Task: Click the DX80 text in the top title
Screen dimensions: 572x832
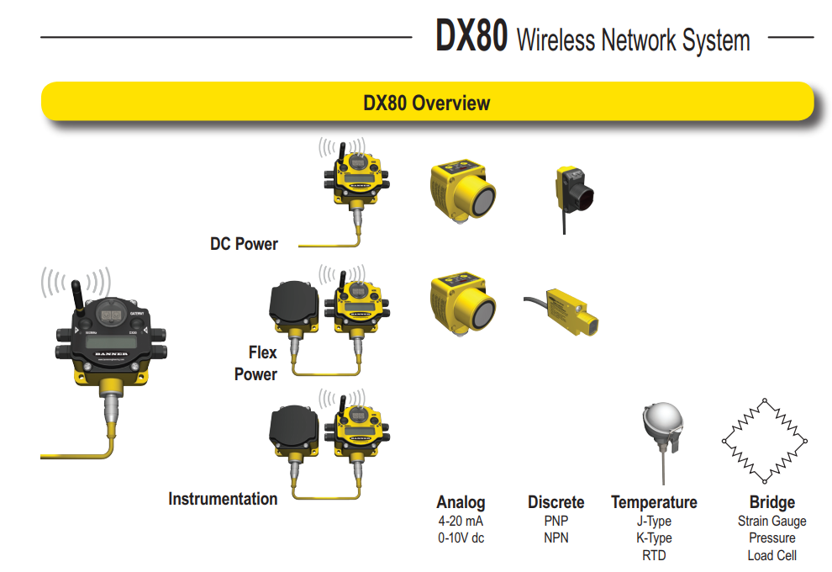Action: (x=471, y=38)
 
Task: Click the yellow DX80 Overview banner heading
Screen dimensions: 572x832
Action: (x=426, y=103)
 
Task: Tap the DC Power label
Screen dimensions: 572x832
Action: (x=244, y=244)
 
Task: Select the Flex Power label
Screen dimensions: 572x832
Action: (x=257, y=363)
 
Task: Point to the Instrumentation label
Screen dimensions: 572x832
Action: (x=223, y=499)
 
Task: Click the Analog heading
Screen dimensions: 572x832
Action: (x=461, y=502)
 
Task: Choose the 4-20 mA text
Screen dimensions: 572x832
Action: (x=461, y=521)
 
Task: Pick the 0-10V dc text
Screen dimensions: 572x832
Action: (x=461, y=538)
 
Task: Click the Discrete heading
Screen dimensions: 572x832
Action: (x=556, y=502)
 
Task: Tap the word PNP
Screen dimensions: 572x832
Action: (x=556, y=521)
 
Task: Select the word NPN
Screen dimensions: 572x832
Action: (x=556, y=538)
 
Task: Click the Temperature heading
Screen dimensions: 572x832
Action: (x=654, y=502)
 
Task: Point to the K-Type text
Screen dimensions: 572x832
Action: (x=654, y=538)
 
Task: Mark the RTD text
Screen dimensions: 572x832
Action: (x=654, y=556)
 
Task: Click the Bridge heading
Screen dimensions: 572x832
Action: (x=771, y=502)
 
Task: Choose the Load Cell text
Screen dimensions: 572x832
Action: (x=771, y=556)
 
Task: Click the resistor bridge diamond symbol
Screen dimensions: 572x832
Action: (x=764, y=440)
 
